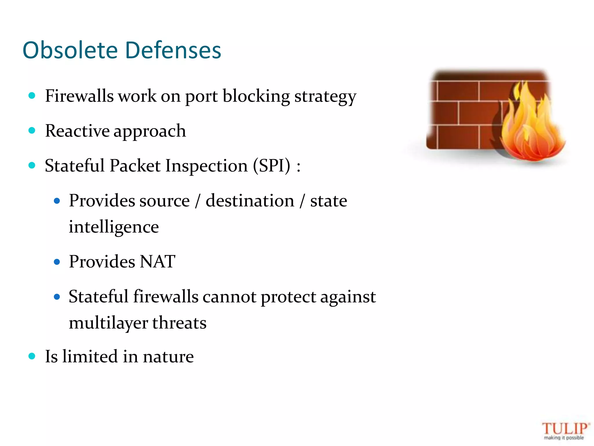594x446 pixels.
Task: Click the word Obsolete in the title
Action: pos(70,50)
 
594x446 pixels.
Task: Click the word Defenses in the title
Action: pos(173,50)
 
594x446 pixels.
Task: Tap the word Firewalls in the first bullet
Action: pos(79,96)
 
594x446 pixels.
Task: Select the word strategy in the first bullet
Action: pos(325,97)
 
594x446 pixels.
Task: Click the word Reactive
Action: pos(77,131)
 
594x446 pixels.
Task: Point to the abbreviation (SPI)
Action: pos(271,166)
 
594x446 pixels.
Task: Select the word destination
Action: pos(250,201)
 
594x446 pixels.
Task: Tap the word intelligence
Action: pos(114,227)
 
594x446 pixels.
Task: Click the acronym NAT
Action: pos(157,261)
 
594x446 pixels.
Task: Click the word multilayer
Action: pos(108,323)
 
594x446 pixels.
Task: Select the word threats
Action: pos(179,323)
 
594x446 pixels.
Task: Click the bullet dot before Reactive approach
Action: pos(32,131)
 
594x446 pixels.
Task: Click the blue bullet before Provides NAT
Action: pos(57,262)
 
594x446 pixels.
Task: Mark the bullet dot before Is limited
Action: pos(32,356)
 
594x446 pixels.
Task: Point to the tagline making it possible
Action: pos(564,438)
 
